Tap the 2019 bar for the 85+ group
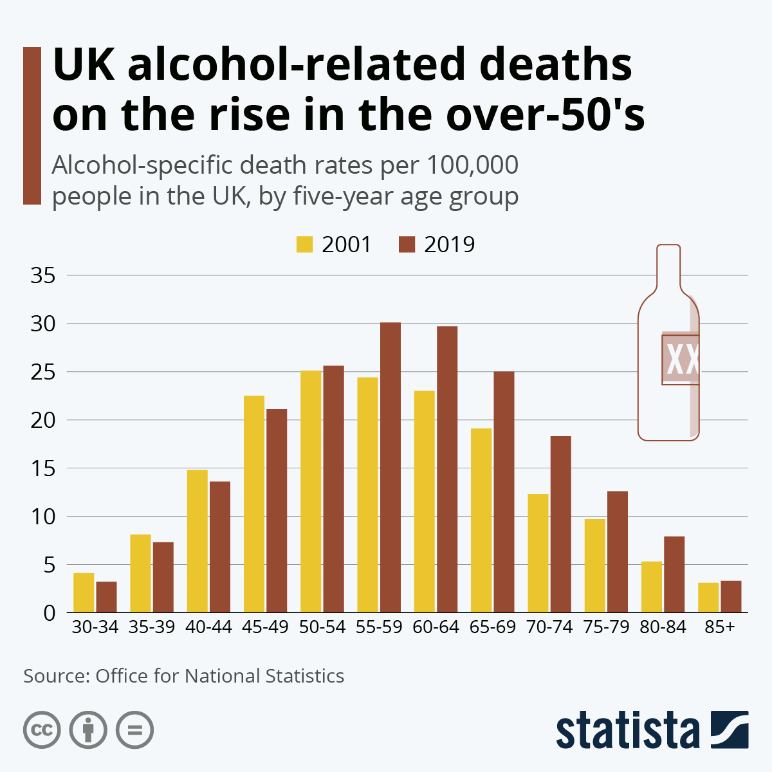(731, 596)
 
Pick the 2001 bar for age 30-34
(84, 593)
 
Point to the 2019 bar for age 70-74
(561, 524)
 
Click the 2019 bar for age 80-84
(674, 574)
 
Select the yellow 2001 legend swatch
(304, 245)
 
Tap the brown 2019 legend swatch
(407, 245)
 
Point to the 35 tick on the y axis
(43, 276)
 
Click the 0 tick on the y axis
(50, 613)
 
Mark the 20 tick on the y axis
(43, 420)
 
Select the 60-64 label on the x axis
(436, 627)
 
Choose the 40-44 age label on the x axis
(208, 627)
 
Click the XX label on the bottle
(682, 360)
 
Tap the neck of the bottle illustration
(668, 267)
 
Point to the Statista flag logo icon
(730, 730)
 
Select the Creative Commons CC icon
(42, 730)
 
